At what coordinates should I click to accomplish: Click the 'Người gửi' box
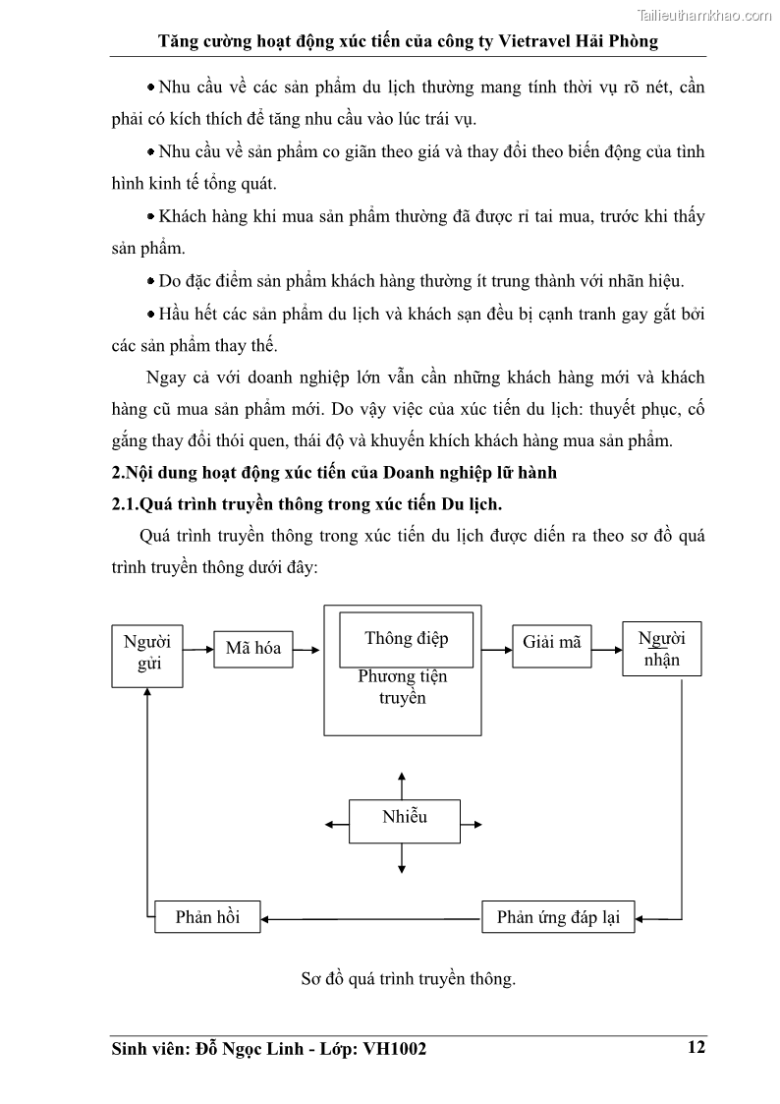point(147,655)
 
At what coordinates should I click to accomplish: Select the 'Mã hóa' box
point(252,648)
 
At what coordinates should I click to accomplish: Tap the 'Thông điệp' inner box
point(406,638)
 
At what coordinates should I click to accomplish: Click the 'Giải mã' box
point(551,642)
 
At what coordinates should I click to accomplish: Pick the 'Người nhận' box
point(662,649)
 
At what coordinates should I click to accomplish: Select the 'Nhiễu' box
point(404,817)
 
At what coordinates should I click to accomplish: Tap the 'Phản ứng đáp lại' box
point(558,917)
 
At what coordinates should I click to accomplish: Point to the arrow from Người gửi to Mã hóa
point(198,649)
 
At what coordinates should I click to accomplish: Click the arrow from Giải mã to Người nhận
point(606,642)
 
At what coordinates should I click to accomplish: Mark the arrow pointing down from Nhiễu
point(402,857)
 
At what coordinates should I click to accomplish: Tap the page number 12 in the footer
point(696,1048)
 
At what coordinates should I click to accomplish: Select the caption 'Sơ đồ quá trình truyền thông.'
point(409,979)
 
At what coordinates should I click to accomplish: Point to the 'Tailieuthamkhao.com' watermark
point(704,15)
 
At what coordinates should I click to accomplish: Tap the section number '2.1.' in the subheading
point(125,504)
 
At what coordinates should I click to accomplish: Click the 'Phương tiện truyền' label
point(402,687)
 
